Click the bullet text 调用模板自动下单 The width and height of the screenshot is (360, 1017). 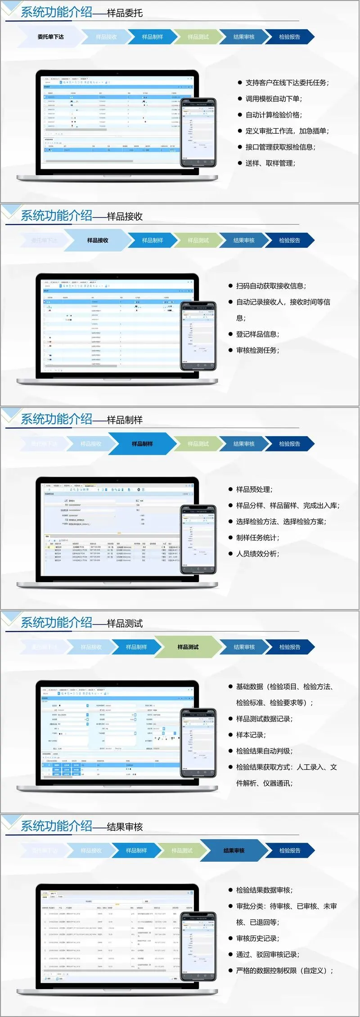274,99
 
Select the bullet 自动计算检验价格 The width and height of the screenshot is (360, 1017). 274,115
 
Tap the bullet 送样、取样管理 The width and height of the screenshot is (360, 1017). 270,163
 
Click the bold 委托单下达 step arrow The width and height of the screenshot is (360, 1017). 50,37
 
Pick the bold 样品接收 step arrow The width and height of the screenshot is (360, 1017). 98,240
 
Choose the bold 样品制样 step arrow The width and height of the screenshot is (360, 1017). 142,444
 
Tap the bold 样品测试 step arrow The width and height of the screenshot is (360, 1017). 188,647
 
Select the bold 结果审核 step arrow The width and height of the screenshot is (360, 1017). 234,851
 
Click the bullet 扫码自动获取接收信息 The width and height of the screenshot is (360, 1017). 271,286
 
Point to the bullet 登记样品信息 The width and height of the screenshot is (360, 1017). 257,334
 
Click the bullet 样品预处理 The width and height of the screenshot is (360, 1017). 254,489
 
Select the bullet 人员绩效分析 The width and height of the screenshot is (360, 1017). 257,554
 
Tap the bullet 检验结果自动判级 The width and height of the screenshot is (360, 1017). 264,751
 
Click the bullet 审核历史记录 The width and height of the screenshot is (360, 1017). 257,938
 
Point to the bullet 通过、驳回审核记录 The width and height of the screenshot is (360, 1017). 267,954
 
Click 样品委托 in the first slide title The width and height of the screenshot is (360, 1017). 125,14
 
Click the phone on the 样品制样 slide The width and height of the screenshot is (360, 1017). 198,539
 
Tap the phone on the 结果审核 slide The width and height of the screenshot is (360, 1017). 198,946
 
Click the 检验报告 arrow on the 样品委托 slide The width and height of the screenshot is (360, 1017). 289,37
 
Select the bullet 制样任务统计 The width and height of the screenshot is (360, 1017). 257,538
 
